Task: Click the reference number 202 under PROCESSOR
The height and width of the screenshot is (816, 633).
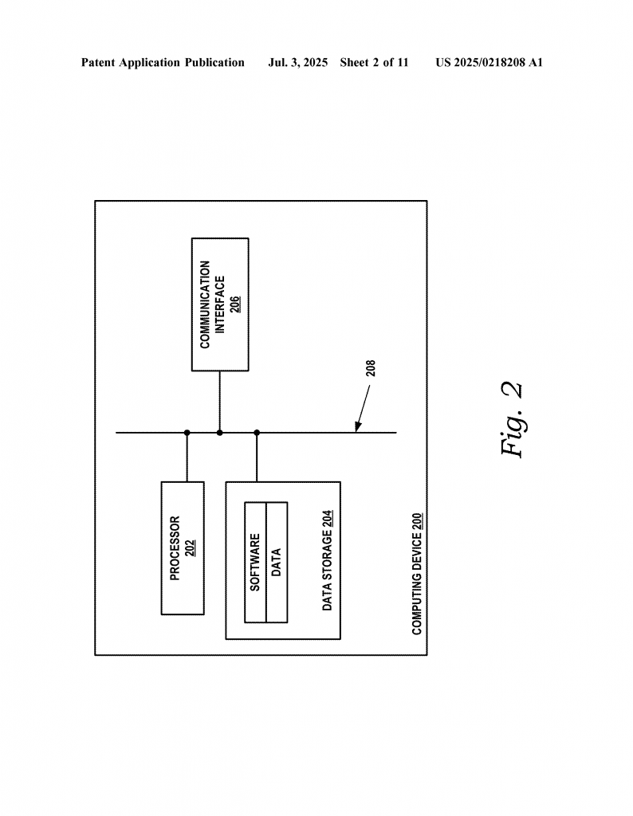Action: [x=191, y=548]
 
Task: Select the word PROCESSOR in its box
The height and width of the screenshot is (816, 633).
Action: [x=175, y=548]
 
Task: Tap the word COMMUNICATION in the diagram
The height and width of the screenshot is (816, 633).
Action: [x=205, y=304]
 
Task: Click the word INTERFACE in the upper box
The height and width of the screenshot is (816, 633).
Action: [x=220, y=305]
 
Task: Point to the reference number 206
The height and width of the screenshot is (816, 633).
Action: [x=235, y=304]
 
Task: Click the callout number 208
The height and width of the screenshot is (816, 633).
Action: [x=371, y=368]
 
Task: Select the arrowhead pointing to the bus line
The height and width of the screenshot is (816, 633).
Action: [x=358, y=427]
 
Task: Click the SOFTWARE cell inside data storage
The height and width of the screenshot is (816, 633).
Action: [x=255, y=562]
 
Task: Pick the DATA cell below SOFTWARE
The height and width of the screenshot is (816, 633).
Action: [x=277, y=562]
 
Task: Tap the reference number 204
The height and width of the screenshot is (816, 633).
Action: [x=328, y=520]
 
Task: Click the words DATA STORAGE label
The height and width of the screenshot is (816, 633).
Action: [x=327, y=571]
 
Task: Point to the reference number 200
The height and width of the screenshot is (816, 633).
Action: [x=417, y=522]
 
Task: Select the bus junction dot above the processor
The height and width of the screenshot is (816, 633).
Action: [x=187, y=433]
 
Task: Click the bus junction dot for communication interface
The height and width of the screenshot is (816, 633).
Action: [x=220, y=433]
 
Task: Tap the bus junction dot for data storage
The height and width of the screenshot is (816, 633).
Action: [x=257, y=433]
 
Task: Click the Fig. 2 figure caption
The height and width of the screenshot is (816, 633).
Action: [x=512, y=419]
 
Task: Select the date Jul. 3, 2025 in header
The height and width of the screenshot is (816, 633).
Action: [x=297, y=63]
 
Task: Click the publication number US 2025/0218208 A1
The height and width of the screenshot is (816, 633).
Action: [x=489, y=63]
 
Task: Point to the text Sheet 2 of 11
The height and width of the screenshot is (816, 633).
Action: [x=374, y=63]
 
